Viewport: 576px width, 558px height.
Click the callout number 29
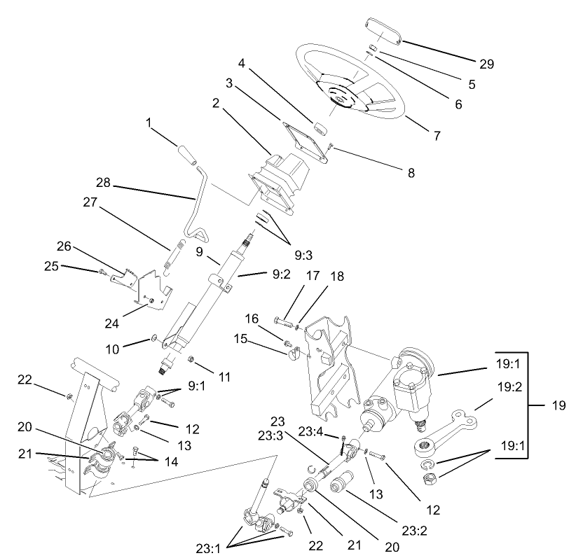click(x=486, y=64)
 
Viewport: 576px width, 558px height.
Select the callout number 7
click(x=437, y=135)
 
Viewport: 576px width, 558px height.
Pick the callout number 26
click(x=64, y=246)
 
